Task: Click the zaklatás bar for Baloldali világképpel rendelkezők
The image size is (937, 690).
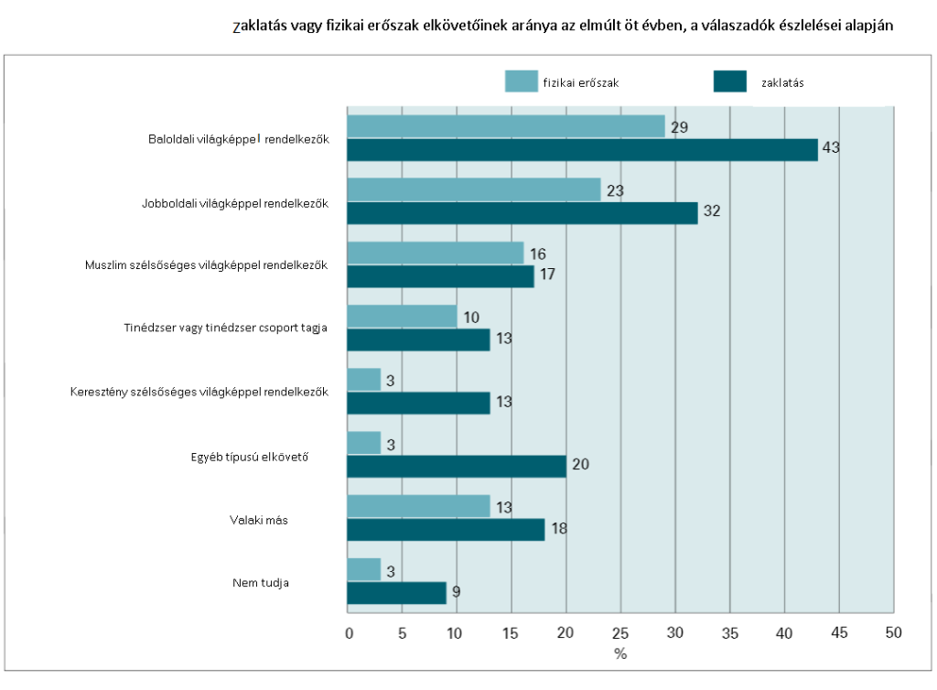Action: click(x=582, y=150)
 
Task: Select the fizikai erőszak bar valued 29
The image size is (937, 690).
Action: click(x=506, y=126)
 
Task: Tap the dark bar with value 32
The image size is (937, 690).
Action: click(x=522, y=213)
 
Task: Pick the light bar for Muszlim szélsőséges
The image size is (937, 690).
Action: click(x=436, y=253)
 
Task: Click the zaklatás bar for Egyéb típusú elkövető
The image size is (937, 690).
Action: click(x=457, y=467)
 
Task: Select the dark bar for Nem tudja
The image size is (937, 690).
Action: click(x=397, y=593)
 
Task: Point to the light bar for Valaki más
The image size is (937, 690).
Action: click(x=418, y=506)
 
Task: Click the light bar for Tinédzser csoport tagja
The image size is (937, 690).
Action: click(x=403, y=316)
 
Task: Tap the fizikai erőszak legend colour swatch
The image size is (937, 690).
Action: click(x=521, y=81)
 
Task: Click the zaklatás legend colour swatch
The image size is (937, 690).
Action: click(x=729, y=81)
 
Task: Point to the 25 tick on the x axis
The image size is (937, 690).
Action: click(x=620, y=632)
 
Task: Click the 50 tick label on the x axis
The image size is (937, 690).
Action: click(x=893, y=632)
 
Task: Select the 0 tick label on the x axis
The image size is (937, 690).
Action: click(x=349, y=633)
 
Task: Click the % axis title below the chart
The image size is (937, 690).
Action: click(x=620, y=654)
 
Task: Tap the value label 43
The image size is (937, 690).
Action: click(x=831, y=147)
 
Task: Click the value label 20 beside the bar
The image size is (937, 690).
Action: click(x=580, y=464)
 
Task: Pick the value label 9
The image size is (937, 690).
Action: click(x=456, y=592)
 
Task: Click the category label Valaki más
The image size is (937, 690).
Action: click(x=259, y=521)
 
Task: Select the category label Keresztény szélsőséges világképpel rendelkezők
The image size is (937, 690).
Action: click(x=199, y=393)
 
